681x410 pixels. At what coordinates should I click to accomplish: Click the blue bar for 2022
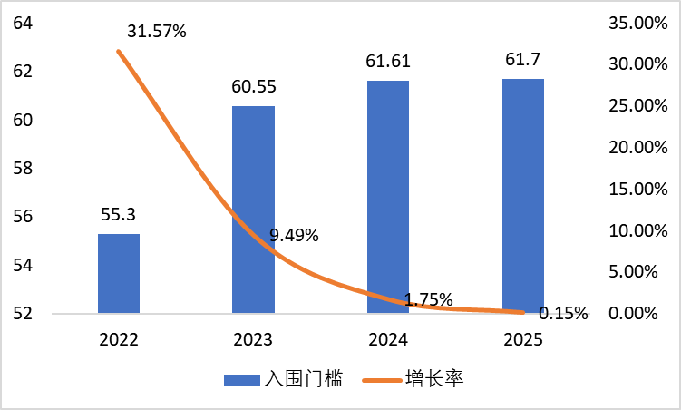[x=119, y=273]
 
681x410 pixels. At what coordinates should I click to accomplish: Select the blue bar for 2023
[x=254, y=210]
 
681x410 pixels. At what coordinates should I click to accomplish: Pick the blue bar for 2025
[x=523, y=196]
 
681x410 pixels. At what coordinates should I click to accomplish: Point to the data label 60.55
[x=254, y=88]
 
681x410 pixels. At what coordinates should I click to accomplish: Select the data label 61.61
[x=388, y=63]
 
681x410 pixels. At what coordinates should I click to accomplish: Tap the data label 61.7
[x=523, y=61]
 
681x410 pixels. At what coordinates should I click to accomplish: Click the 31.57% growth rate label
[x=157, y=32]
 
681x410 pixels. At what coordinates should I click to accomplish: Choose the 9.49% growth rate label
[x=294, y=236]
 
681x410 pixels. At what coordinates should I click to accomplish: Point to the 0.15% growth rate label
[x=563, y=314]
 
